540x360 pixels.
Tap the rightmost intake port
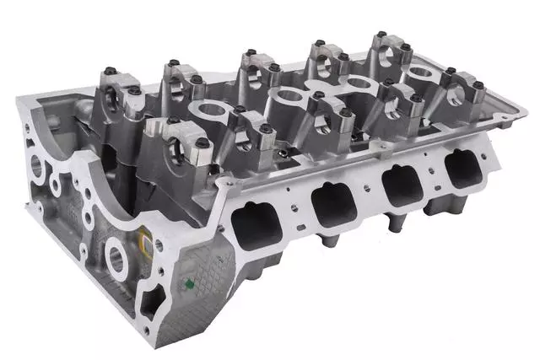(x=463, y=167)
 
